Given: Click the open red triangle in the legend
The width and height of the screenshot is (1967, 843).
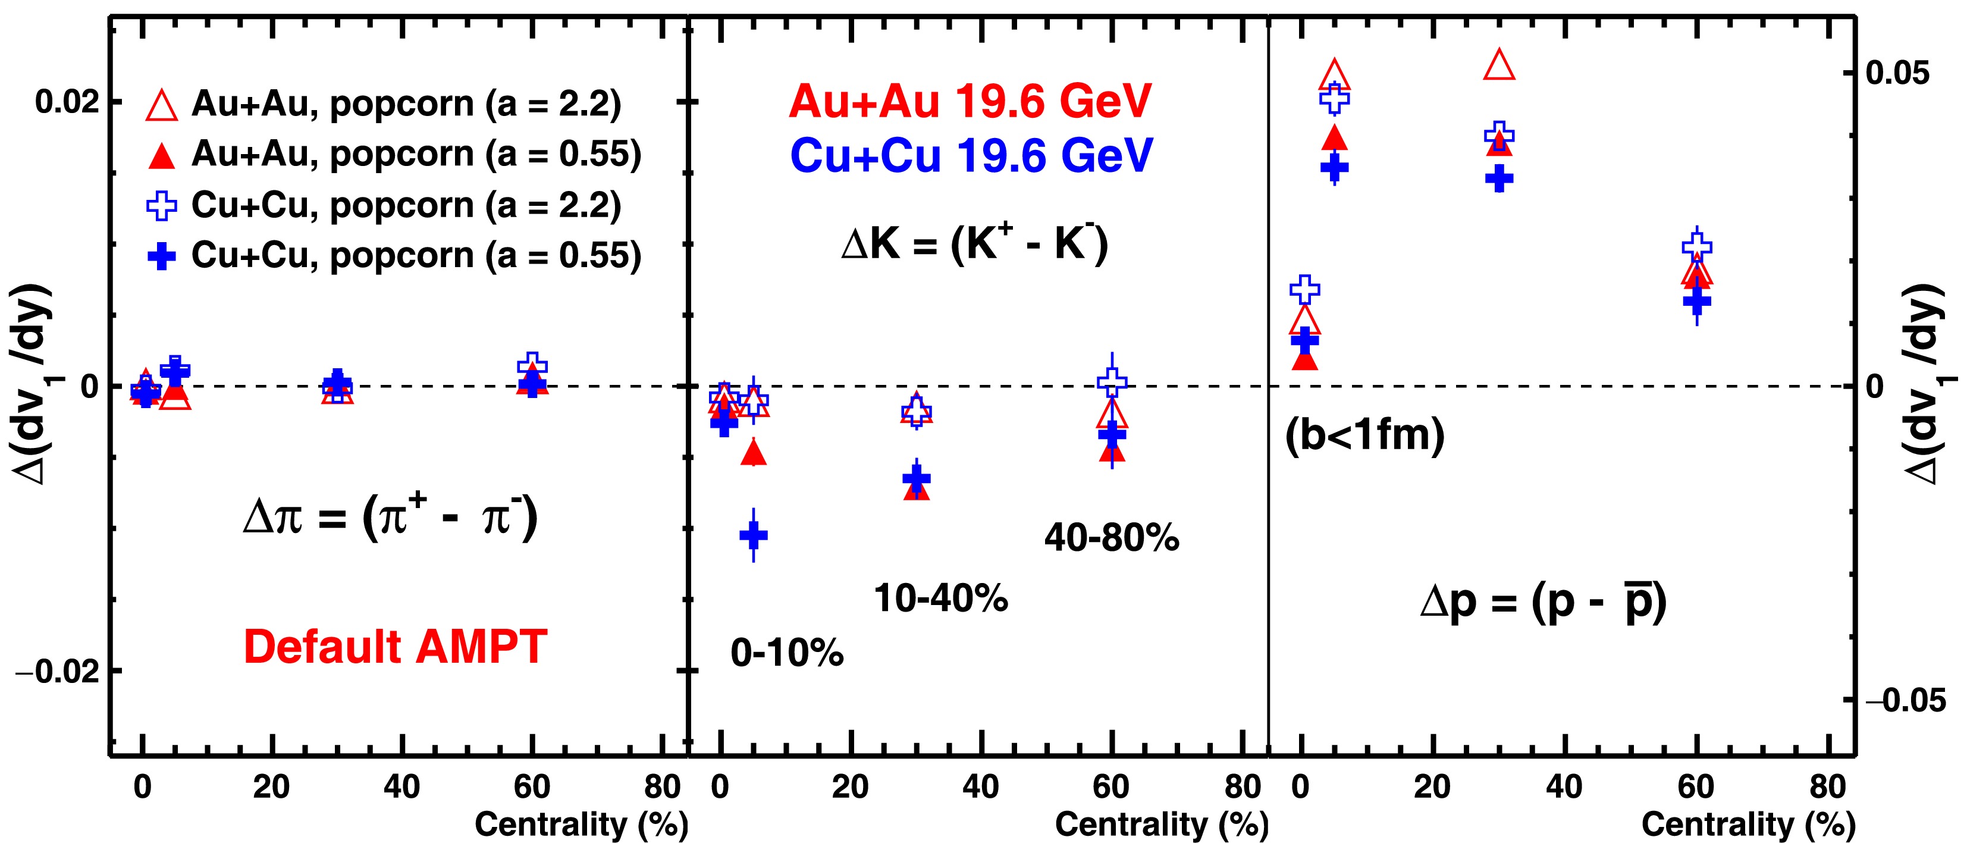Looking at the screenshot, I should [x=161, y=105].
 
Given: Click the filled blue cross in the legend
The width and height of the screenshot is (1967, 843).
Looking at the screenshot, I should [x=161, y=256].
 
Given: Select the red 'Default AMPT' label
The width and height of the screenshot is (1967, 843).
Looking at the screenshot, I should [x=395, y=647].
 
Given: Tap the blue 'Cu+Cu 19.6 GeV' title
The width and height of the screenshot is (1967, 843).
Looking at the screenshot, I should [x=971, y=155].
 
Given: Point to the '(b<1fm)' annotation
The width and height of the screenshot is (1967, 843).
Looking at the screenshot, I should [x=1364, y=436].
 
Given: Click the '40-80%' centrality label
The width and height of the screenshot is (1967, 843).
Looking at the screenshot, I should [x=1111, y=538].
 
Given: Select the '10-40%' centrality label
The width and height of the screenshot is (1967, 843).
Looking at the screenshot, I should [x=941, y=598].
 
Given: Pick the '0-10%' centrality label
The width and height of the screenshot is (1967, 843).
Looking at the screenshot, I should [x=786, y=653].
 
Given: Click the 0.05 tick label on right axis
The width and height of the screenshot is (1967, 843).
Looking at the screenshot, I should [x=1897, y=73].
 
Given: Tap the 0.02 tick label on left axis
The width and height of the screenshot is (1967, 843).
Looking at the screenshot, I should [x=67, y=102].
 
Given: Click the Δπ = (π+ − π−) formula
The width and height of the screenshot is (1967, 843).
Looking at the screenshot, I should [x=390, y=517].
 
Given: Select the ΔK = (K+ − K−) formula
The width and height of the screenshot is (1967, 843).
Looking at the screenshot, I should [x=974, y=245].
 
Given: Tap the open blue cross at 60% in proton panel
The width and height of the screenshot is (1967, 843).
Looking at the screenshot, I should [x=1697, y=246].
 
